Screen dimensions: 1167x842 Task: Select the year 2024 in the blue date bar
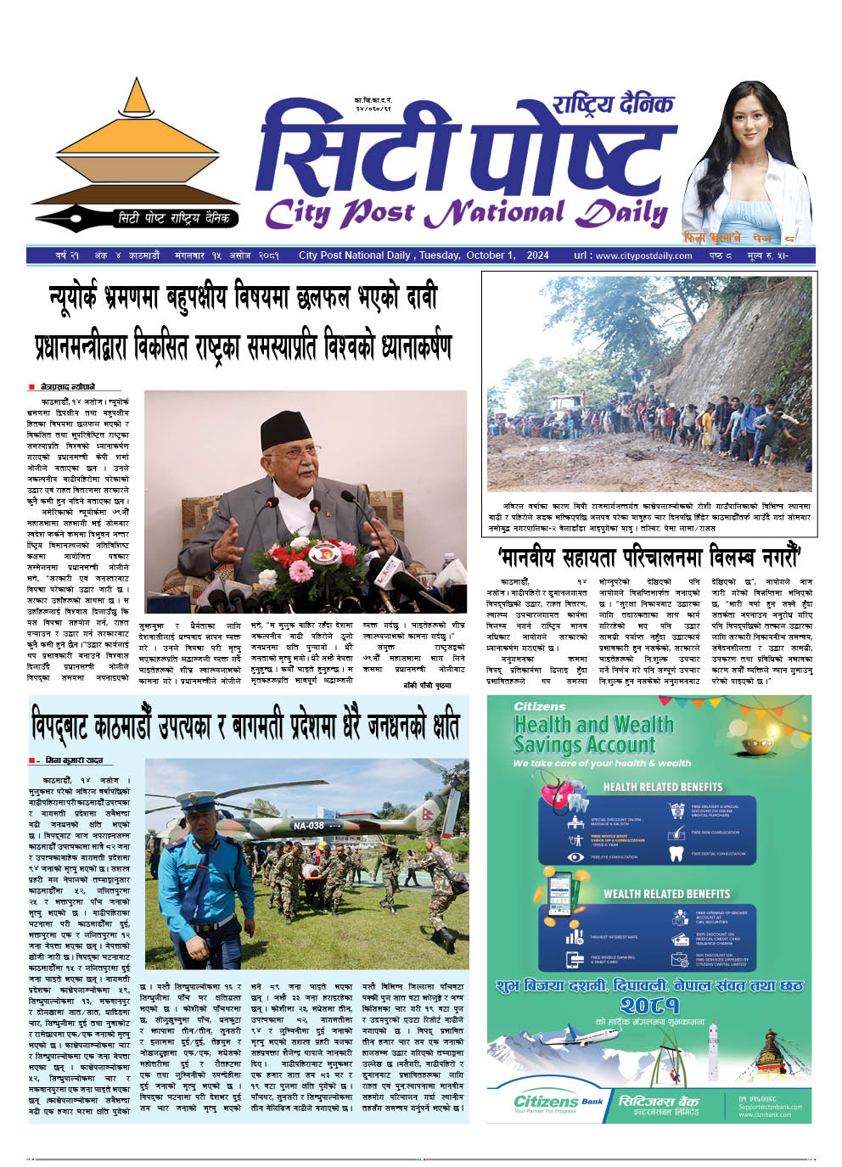[537, 255]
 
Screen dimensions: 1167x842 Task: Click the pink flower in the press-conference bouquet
[301, 570]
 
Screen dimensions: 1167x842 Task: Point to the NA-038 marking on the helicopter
[308, 825]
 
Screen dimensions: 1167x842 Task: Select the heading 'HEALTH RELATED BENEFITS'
[662, 787]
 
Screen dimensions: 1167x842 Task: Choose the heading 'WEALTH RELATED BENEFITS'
[666, 894]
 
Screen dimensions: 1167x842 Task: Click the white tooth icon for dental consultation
[676, 854]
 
